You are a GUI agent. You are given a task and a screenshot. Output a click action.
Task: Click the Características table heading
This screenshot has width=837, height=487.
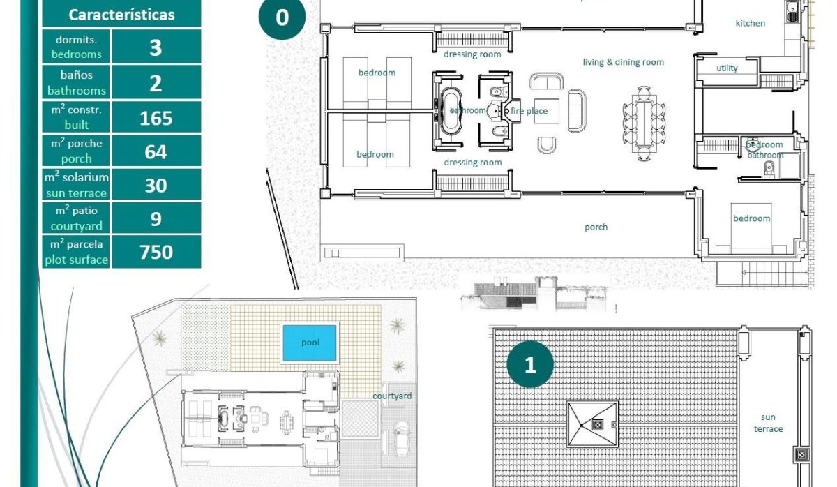tap(121, 15)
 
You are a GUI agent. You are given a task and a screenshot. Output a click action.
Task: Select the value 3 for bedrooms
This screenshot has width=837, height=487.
tap(156, 47)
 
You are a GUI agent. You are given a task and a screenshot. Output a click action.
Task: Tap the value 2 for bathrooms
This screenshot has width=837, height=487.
tap(156, 83)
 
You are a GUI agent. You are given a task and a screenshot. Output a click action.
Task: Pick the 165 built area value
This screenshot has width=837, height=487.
tap(156, 118)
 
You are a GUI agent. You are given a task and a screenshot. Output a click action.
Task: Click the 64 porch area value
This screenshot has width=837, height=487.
tap(156, 151)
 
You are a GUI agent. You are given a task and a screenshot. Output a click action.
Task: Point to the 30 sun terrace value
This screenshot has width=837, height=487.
tap(156, 185)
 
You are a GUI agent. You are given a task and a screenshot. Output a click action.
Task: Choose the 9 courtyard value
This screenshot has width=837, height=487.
tap(156, 218)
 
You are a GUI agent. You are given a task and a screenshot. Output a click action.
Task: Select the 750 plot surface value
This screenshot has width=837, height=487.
tap(156, 251)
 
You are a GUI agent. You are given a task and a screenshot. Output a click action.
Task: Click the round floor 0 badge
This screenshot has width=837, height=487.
tap(282, 17)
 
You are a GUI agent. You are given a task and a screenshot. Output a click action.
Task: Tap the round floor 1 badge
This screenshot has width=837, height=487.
tap(530, 364)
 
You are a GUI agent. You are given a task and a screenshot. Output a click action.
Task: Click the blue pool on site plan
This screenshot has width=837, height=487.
tap(310, 343)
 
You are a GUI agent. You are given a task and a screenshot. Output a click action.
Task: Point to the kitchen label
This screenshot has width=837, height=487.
tap(750, 23)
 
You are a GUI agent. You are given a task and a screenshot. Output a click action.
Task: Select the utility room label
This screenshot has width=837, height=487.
tap(727, 68)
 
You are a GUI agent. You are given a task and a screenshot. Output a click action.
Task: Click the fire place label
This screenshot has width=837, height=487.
tap(529, 111)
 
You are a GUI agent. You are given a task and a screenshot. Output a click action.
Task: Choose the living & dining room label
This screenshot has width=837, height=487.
tap(623, 62)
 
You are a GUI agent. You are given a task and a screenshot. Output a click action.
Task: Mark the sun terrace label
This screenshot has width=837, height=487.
tap(768, 423)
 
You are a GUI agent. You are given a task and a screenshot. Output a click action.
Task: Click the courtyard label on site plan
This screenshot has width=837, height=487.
tap(391, 396)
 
